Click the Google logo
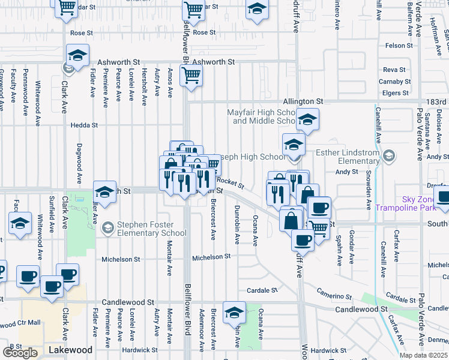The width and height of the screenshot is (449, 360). tap(20, 352)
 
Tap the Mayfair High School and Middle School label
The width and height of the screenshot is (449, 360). tap(262, 116)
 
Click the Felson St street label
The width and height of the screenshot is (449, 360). tap(400, 46)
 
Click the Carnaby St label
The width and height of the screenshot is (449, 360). tap(394, 82)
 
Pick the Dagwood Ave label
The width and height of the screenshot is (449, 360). tap(79, 163)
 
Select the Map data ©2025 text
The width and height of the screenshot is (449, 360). tap(423, 355)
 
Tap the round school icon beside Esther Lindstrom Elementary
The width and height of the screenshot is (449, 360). tap(390, 157)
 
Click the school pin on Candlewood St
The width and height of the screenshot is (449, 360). tap(234, 312)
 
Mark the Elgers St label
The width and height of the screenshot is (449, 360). tap(395, 93)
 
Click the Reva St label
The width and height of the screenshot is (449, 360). tap(394, 70)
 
